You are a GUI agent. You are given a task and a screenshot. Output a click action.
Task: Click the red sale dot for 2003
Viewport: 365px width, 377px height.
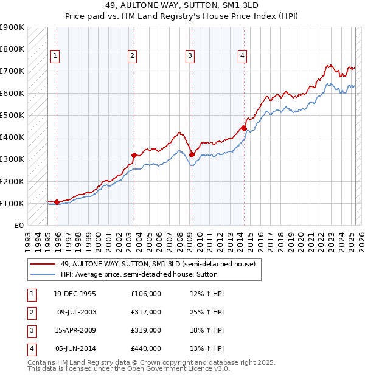tap(134, 155)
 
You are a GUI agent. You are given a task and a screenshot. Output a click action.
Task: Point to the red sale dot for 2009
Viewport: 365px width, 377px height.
tap(192, 154)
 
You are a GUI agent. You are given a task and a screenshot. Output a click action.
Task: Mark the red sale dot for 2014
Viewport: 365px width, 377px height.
tap(244, 128)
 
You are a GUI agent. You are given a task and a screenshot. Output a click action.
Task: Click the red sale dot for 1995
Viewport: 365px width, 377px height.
tap(57, 202)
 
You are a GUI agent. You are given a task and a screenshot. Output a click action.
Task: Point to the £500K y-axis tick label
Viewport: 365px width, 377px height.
tap(12, 115)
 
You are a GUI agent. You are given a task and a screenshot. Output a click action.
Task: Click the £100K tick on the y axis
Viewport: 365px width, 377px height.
tap(12, 203)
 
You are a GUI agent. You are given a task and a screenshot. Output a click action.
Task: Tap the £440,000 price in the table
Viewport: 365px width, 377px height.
tap(146, 349)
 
